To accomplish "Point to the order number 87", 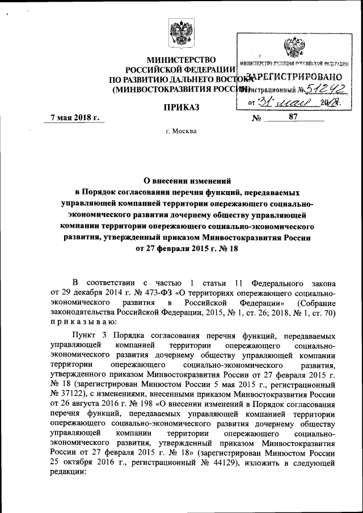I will pyautogui.click(x=293, y=117).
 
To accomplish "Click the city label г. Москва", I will pyautogui.click(x=181, y=132).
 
